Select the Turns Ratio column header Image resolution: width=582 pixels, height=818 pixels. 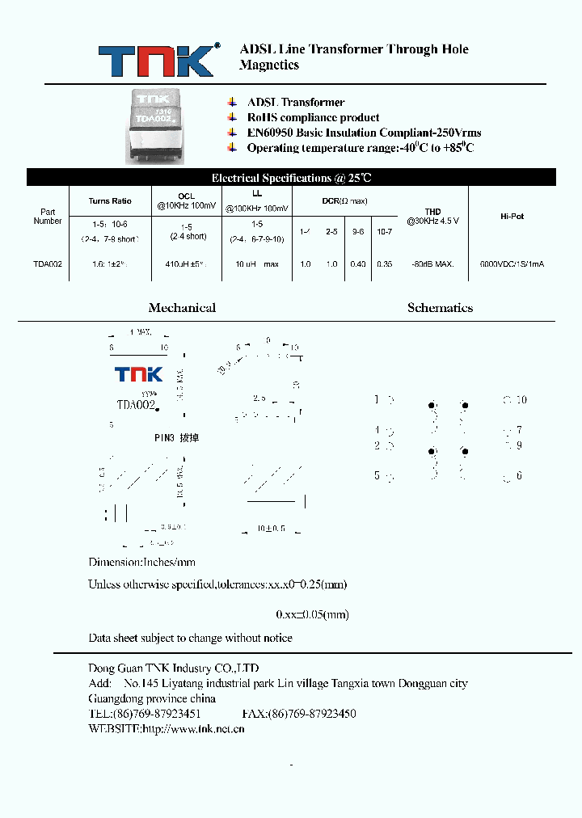click(110, 201)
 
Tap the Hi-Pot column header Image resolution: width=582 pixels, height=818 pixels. click(512, 217)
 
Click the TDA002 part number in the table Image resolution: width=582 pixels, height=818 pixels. click(48, 264)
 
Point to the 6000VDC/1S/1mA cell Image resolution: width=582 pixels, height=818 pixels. click(512, 264)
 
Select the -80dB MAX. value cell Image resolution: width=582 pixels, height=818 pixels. click(432, 264)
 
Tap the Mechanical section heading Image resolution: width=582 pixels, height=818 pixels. click(182, 308)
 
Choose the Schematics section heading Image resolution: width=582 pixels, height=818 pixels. click(441, 308)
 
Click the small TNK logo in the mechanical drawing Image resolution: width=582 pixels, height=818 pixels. click(138, 374)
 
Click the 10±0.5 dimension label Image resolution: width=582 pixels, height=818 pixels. click(272, 528)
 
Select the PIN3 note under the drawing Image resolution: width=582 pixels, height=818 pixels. click(176, 438)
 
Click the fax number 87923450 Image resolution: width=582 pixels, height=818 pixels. click(299, 714)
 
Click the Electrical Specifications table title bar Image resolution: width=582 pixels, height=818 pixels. click(291, 178)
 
